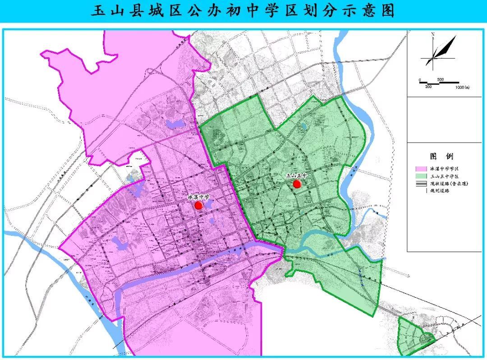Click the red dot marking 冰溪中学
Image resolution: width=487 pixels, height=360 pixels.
198,206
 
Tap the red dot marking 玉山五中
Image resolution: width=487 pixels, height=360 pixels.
297,184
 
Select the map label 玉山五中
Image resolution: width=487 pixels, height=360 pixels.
296,176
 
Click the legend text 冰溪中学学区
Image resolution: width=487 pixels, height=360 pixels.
445,169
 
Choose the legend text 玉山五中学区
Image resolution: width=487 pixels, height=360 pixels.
445,176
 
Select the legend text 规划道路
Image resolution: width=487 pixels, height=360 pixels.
442,191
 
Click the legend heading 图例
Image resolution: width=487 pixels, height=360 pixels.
441,157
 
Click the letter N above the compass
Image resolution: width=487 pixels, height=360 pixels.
432,34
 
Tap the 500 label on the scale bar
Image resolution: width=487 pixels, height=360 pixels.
441,80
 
